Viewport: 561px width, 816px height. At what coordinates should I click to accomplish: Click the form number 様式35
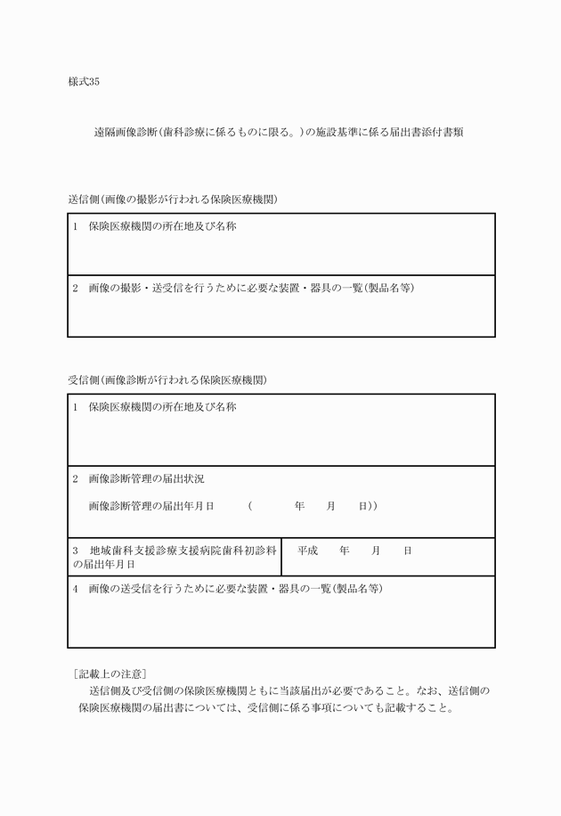(84, 82)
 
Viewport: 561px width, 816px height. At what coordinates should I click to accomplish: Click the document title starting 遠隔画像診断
(277, 132)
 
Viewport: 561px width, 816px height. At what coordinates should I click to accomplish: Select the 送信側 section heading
(173, 200)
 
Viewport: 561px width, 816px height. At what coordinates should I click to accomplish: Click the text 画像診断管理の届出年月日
(152, 506)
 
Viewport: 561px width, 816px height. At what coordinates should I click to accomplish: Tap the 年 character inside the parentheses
(299, 506)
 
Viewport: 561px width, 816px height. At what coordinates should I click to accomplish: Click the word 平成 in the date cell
(308, 551)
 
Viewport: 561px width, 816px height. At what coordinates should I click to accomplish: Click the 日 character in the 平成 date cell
(408, 551)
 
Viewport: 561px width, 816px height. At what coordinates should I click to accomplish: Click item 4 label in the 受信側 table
(228, 590)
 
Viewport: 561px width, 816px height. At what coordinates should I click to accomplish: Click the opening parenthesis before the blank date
(251, 506)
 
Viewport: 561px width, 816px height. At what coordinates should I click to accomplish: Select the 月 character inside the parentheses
(331, 506)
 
